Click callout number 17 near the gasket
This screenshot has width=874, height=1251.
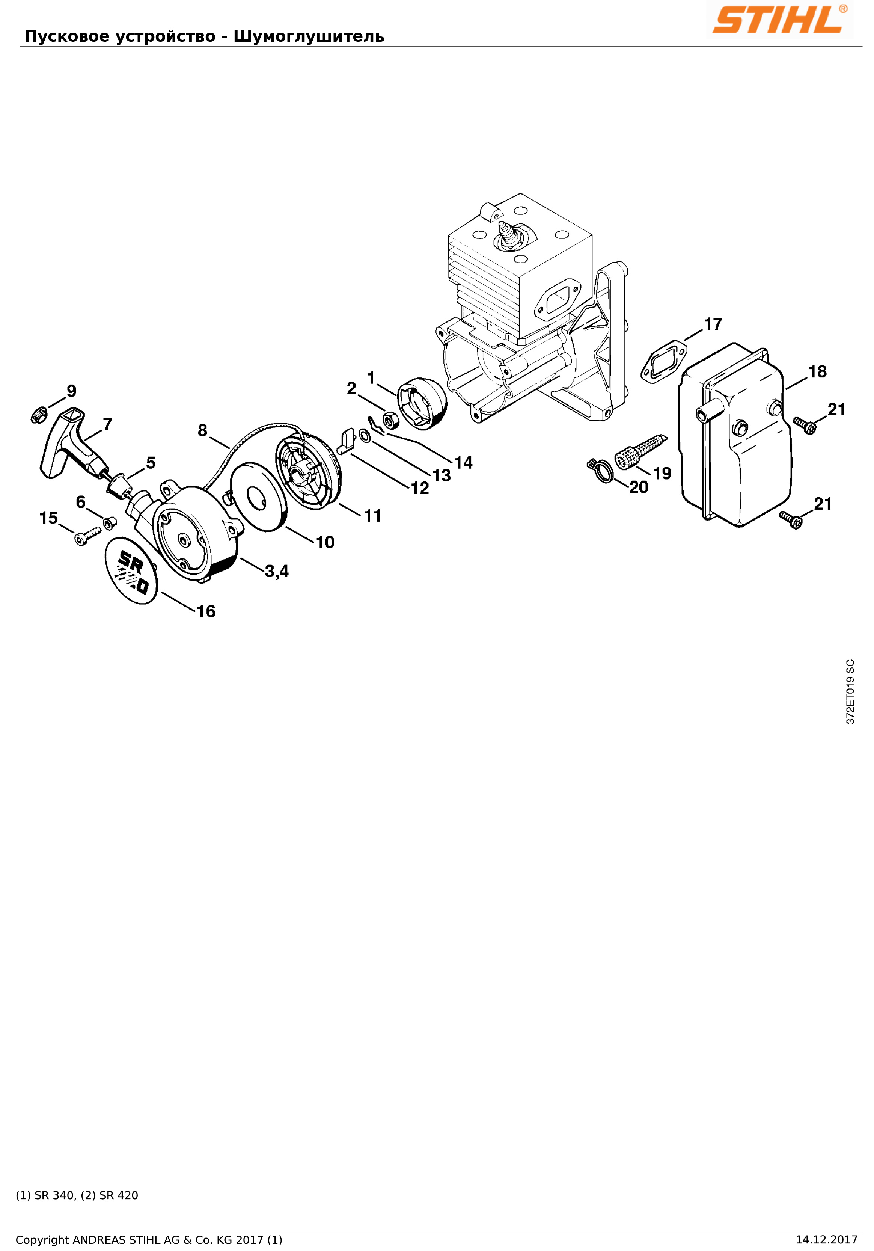pos(713,324)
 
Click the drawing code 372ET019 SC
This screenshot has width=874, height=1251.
pos(850,691)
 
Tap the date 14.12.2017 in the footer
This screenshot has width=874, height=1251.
pos(826,1240)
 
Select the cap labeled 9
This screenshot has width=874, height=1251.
pos(38,415)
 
